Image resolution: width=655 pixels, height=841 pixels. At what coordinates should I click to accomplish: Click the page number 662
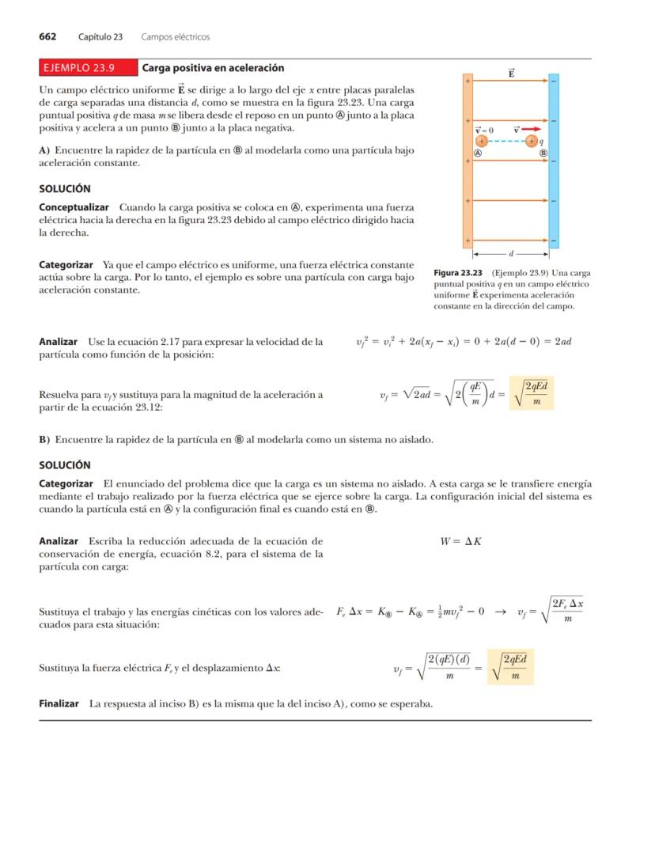pos(47,36)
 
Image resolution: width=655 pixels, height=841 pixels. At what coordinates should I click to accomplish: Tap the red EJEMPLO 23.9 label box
pos(87,68)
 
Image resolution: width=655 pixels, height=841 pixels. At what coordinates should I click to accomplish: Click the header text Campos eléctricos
pos(175,36)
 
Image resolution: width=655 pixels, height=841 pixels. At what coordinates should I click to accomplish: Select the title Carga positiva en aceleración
pos(213,68)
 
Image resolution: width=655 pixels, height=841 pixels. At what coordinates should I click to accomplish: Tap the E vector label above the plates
pos(511,74)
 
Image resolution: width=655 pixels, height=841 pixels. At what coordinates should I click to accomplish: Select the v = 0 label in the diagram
pos(483,130)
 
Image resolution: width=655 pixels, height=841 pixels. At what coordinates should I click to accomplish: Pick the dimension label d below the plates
pos(511,255)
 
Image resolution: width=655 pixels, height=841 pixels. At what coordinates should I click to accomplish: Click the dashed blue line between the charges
pos(506,141)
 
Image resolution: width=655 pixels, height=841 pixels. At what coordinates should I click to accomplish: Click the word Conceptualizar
pos(74,207)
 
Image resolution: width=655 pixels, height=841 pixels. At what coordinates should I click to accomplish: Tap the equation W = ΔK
pos(460,541)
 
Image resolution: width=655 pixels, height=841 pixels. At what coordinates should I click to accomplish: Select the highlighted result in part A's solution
pos(529,393)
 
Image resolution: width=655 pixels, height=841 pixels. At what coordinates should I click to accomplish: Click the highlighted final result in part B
pos(510,667)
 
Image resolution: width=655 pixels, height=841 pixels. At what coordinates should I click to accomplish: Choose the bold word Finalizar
pos(59,703)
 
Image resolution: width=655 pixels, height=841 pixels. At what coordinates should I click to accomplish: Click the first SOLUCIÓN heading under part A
pos(65,189)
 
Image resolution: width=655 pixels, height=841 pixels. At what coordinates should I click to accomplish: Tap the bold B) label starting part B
pos(45,439)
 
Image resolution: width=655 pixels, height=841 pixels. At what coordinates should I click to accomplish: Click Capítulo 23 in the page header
pos(100,36)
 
